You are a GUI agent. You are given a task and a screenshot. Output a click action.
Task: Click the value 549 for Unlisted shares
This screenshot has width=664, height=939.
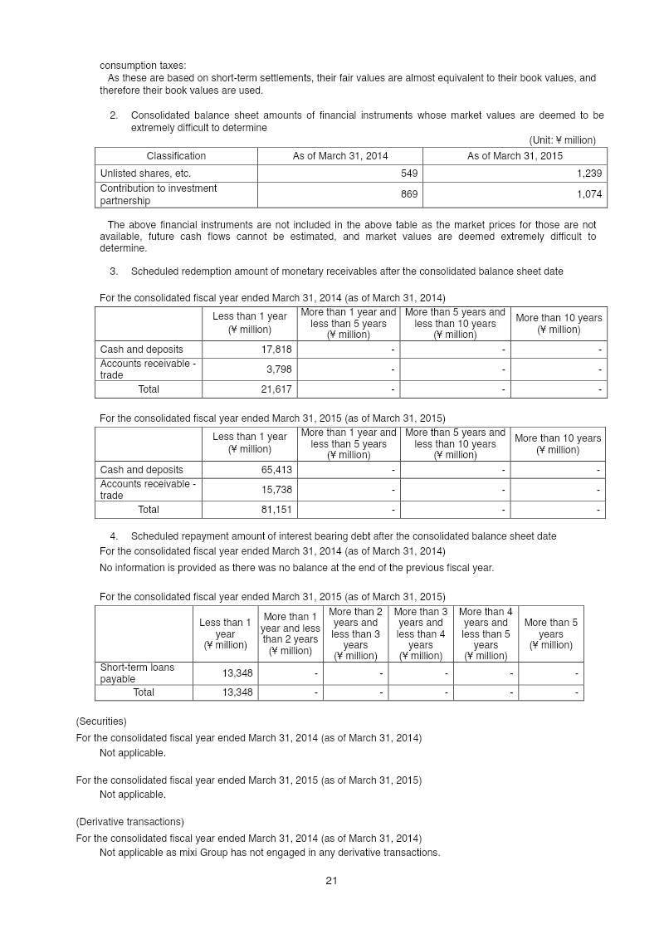[x=408, y=174]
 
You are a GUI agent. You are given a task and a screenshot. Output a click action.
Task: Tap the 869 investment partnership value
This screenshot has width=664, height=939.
[x=408, y=194]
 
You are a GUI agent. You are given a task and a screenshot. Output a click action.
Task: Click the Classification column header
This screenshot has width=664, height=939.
[x=176, y=156]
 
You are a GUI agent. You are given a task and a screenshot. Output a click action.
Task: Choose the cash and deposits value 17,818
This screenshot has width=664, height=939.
[x=276, y=350]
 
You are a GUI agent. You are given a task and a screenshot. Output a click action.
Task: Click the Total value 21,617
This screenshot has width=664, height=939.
[x=276, y=389]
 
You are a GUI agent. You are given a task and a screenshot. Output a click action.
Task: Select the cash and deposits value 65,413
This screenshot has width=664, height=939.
[x=276, y=470]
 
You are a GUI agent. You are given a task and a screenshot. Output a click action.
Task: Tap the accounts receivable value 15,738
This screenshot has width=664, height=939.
[x=276, y=489]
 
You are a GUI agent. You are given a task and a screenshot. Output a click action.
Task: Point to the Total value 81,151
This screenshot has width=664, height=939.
[x=276, y=509]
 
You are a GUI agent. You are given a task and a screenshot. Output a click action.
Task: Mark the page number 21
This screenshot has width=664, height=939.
[x=331, y=881]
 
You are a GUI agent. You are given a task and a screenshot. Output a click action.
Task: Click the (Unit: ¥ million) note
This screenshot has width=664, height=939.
[x=562, y=140]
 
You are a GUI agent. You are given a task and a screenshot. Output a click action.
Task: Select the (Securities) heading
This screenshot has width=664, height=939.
[x=100, y=721]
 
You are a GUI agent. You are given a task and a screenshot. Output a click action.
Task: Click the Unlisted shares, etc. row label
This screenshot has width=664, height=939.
[x=145, y=174]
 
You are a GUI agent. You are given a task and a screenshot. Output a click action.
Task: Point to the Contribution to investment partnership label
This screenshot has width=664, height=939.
[x=158, y=194]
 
